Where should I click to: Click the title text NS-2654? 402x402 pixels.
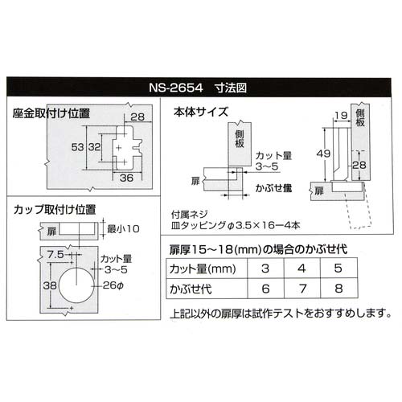176,88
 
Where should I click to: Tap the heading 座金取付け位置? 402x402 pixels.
51,113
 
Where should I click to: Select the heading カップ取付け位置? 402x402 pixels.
55,210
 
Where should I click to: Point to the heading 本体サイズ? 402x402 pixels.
201,112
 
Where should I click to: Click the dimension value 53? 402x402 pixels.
78,147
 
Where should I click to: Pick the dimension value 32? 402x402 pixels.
95,147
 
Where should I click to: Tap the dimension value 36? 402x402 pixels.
126,178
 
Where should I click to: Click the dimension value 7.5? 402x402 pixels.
55,254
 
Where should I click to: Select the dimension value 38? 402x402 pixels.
50,285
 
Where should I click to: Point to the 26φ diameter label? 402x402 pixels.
113,285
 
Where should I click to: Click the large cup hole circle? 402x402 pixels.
76,285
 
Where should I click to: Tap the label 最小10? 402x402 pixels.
123,229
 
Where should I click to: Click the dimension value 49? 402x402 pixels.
323,154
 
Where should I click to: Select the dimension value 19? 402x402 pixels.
341,116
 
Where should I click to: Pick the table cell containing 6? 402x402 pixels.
265,289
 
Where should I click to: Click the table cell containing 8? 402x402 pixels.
338,289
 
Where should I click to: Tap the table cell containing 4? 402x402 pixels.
302,269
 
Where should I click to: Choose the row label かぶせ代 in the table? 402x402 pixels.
191,289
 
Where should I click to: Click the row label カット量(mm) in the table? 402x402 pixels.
203,269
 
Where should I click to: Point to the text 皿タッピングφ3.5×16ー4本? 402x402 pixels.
236,225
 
